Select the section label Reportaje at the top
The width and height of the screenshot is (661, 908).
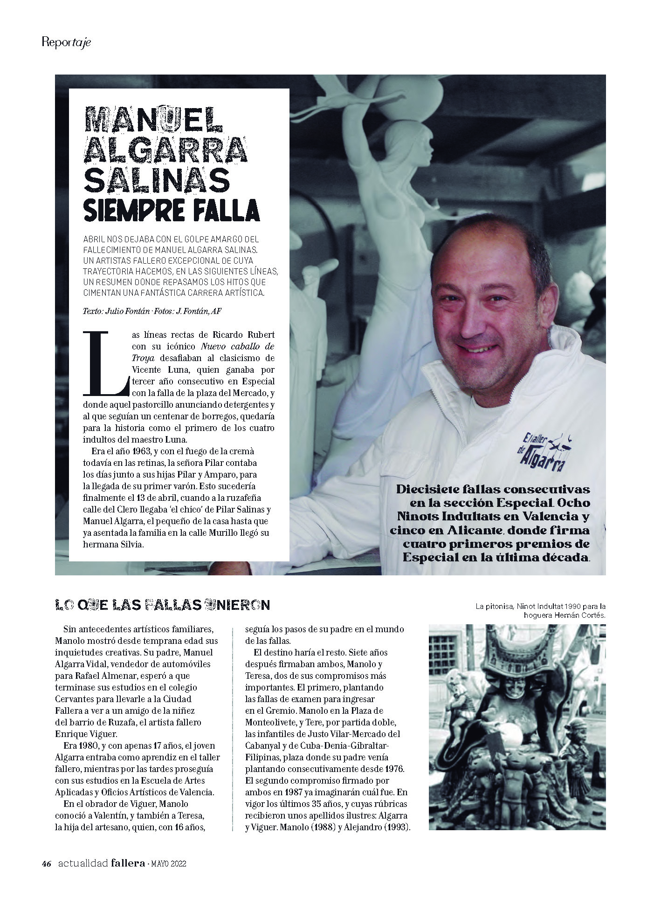click(x=66, y=42)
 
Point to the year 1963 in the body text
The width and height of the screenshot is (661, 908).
click(x=139, y=452)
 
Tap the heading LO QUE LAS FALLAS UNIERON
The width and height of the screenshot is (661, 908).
click(x=162, y=605)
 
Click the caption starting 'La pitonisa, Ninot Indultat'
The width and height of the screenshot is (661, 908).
click(x=540, y=610)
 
